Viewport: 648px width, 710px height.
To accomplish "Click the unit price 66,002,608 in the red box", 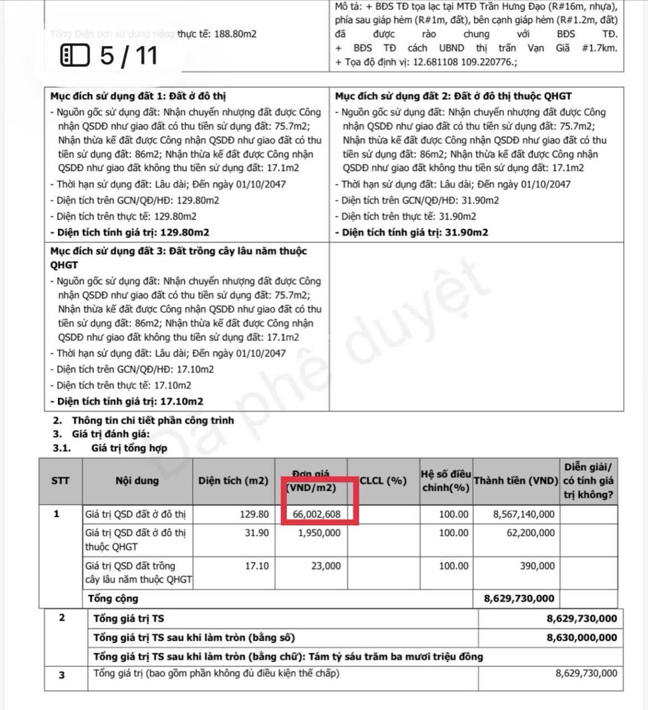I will pyautogui.click(x=316, y=514).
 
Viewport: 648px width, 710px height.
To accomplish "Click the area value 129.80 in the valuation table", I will pyautogui.click(x=254, y=514).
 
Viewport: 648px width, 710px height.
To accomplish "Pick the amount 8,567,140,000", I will pyautogui.click(x=524, y=514).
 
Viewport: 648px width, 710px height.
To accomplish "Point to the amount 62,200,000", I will pyautogui.click(x=530, y=533).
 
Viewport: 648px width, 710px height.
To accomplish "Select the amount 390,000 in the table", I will pyautogui.click(x=538, y=566).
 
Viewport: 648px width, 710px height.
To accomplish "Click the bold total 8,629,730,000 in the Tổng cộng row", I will pyautogui.click(x=519, y=599).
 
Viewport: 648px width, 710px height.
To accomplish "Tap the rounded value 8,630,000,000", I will pyautogui.click(x=581, y=637).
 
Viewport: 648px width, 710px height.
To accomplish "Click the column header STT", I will pyautogui.click(x=60, y=481).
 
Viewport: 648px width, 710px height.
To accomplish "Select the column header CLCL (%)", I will pyautogui.click(x=383, y=481).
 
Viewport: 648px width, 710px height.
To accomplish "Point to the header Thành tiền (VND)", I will pyautogui.click(x=515, y=481).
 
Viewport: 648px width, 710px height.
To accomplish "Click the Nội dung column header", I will pyautogui.click(x=137, y=481).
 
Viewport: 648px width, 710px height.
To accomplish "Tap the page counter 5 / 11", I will pyautogui.click(x=129, y=55).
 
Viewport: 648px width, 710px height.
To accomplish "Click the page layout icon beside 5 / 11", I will pyautogui.click(x=74, y=55).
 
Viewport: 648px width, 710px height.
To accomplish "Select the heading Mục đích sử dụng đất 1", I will pyautogui.click(x=138, y=96).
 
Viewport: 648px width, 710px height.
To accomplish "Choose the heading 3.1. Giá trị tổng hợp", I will pyautogui.click(x=129, y=448).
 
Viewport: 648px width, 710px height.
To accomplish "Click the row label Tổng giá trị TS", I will pyautogui.click(x=129, y=618).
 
